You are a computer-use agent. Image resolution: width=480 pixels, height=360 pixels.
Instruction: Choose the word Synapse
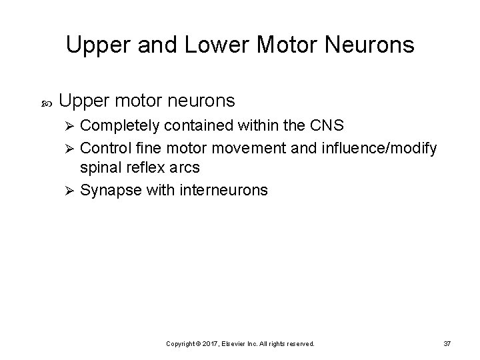(x=109, y=190)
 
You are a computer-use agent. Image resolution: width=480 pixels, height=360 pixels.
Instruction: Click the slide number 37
(x=447, y=343)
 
